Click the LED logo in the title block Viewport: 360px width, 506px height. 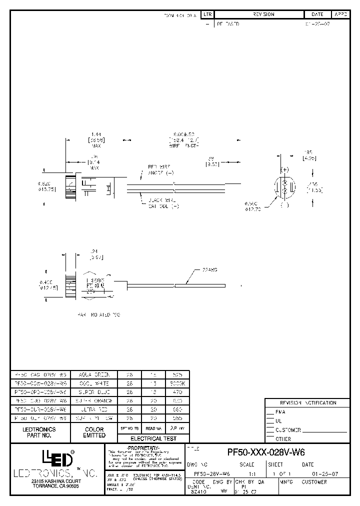[57, 457]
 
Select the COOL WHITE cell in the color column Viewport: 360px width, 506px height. [93, 382]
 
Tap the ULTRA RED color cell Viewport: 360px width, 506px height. [93, 408]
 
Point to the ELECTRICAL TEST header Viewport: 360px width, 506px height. [153, 438]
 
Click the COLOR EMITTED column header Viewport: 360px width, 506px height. [94, 432]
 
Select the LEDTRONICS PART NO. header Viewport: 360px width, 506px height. [39, 432]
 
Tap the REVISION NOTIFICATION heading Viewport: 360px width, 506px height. [307, 403]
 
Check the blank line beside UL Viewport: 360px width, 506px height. [270, 421]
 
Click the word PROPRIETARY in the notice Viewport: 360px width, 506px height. [144, 446]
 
